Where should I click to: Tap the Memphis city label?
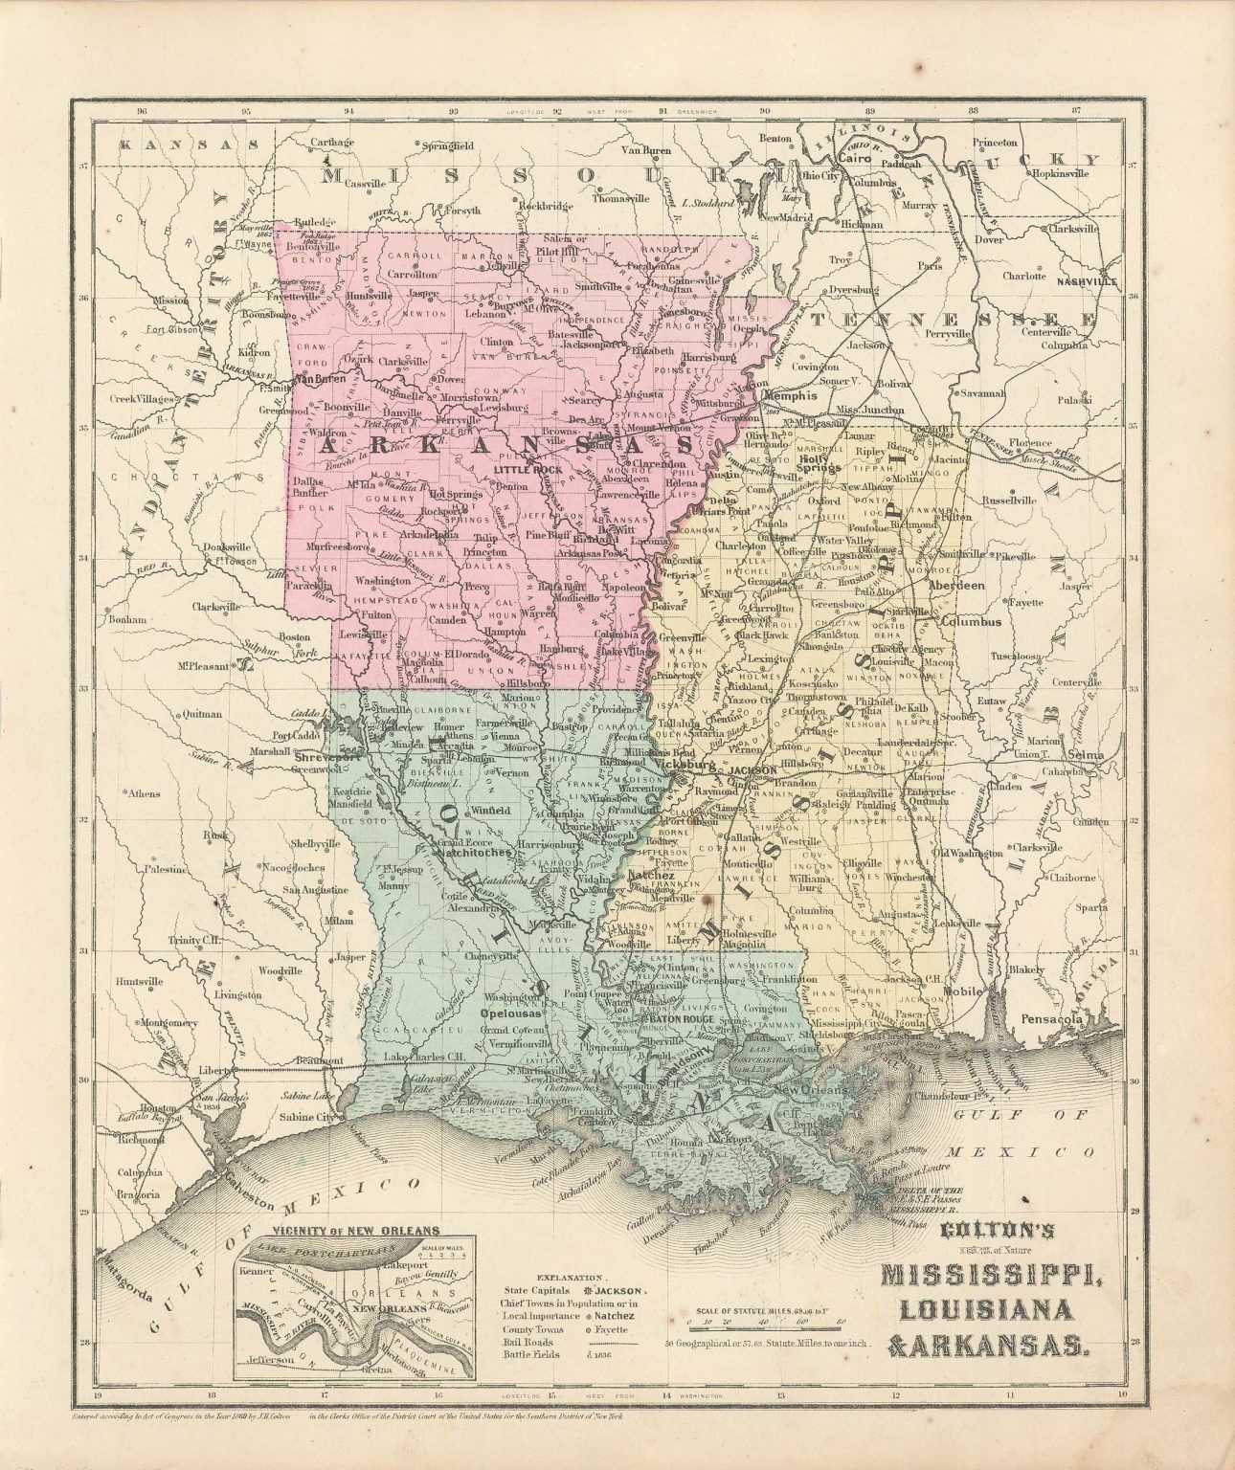point(790,393)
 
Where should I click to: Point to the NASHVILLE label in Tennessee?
point(1088,283)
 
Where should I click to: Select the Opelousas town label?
point(511,1012)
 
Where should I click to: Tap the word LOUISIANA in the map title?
point(986,1308)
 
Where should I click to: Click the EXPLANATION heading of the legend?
point(572,1277)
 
